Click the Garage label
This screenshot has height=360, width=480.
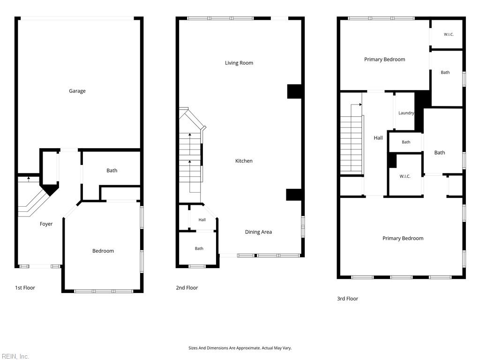click(77, 91)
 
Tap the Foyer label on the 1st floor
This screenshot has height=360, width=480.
click(46, 224)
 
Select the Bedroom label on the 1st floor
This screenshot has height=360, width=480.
click(103, 251)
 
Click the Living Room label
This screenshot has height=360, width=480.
click(239, 63)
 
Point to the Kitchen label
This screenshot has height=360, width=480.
click(244, 161)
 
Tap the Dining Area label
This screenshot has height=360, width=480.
click(258, 232)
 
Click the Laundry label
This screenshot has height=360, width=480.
click(406, 113)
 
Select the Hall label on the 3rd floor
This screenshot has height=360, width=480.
click(378, 138)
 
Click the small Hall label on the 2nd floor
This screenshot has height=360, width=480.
click(202, 220)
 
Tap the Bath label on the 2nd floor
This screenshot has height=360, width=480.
click(199, 248)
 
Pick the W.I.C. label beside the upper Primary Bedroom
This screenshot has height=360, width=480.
click(449, 35)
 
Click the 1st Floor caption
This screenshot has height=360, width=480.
click(25, 288)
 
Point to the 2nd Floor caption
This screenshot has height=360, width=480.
click(187, 288)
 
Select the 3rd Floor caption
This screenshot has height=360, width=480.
click(347, 299)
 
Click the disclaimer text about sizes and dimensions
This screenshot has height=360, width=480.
click(240, 348)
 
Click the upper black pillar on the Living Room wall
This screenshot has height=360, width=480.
click(294, 91)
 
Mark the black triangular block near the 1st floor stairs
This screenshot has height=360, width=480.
click(50, 189)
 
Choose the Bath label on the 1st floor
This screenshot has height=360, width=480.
click(112, 171)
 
